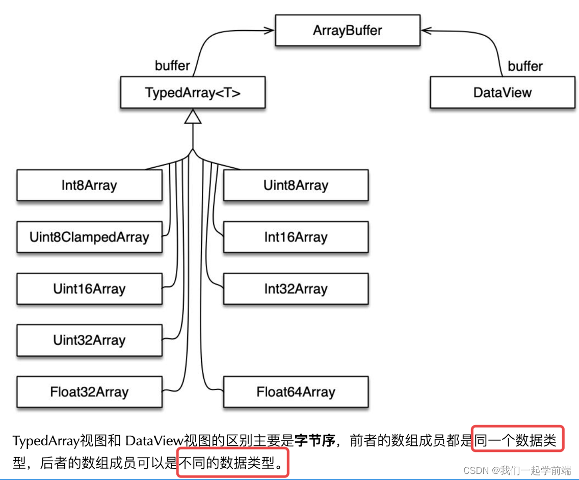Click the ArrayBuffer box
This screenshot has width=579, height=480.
[x=348, y=31]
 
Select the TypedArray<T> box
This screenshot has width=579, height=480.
[x=193, y=93]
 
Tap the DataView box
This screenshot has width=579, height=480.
[x=502, y=93]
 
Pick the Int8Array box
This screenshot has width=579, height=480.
[x=89, y=185]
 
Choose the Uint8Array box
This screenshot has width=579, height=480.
[x=296, y=185]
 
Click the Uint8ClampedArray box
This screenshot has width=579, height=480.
[x=89, y=237]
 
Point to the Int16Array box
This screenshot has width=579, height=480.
[x=296, y=237]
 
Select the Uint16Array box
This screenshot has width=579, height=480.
[x=89, y=289]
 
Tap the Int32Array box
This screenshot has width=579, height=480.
[x=296, y=289]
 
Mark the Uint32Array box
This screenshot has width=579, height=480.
[x=89, y=340]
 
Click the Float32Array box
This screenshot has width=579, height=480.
[x=89, y=392]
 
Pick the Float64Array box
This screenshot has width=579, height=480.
[x=296, y=392]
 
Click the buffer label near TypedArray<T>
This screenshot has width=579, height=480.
[x=172, y=66]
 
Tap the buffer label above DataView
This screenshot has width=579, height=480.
[x=525, y=66]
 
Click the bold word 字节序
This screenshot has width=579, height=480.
[x=315, y=441]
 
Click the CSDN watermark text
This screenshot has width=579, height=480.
[x=517, y=470]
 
